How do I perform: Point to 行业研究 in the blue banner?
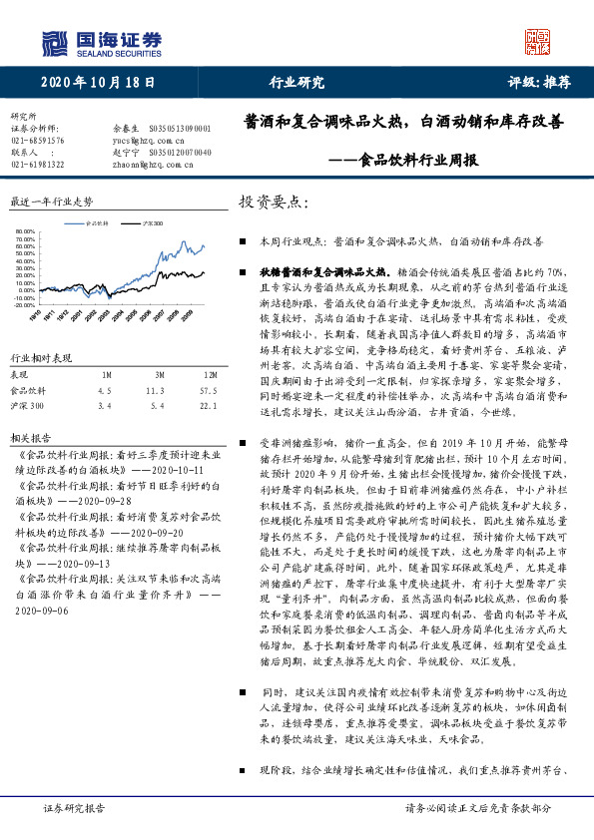point(297,83)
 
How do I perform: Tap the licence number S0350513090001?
point(179,129)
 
